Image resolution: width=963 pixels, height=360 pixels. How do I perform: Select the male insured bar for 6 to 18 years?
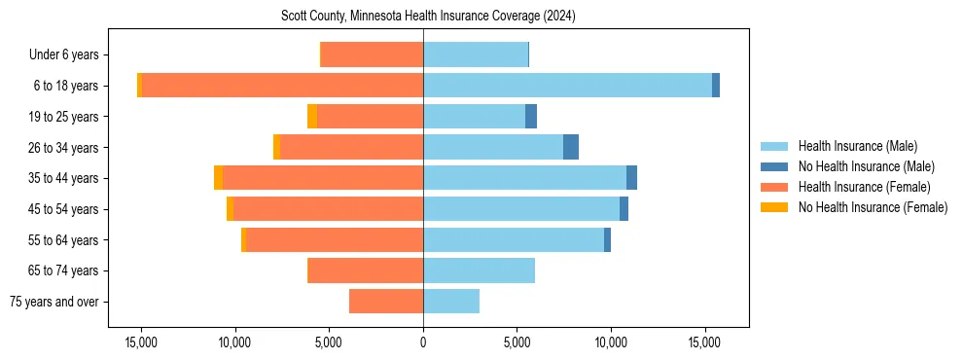pos(567,86)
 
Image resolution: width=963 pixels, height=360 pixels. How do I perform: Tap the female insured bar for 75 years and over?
pos(386,302)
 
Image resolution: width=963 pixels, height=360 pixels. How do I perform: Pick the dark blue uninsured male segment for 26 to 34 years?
pos(571,147)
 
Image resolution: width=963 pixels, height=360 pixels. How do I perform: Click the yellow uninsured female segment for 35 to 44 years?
pos(219,178)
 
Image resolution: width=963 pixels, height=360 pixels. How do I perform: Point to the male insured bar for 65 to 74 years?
pos(479,270)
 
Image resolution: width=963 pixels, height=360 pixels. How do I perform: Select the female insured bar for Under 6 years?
pos(372,54)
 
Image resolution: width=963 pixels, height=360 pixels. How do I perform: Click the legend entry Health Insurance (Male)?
pos(857,146)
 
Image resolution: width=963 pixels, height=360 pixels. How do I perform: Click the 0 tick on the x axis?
pos(423,343)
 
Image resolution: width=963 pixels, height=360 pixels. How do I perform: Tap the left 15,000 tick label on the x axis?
pos(141,343)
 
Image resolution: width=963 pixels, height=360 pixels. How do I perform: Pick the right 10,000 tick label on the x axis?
pos(611,343)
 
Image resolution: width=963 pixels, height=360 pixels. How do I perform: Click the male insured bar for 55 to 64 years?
pos(514,239)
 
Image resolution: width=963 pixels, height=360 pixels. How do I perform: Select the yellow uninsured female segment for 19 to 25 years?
pos(312,117)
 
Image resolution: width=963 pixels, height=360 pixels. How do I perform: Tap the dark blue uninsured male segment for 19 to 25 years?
pos(531,117)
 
